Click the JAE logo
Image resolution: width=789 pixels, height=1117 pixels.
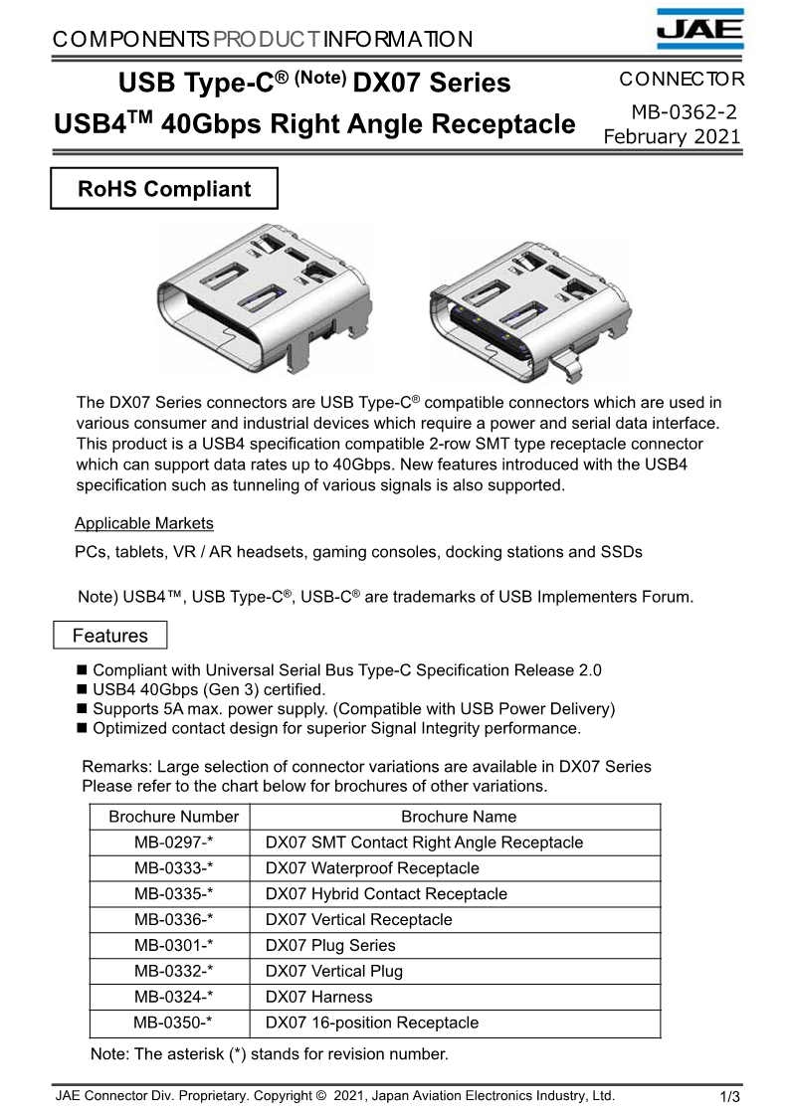tap(699, 29)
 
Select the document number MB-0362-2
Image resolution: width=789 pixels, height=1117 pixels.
tap(684, 113)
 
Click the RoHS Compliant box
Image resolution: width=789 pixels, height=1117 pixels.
tap(164, 189)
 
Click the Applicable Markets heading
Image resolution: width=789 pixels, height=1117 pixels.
tap(144, 523)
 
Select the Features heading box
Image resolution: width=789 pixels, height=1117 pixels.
tap(109, 636)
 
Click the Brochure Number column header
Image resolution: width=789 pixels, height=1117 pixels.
tap(174, 817)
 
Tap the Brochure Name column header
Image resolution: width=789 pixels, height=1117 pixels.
tap(459, 817)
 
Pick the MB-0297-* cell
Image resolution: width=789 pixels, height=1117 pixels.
tap(174, 842)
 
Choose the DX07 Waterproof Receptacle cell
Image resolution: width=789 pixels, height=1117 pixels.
tap(372, 868)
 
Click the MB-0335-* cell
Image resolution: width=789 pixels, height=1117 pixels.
tap(174, 894)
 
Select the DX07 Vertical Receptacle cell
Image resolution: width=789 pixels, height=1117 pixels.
tap(358, 920)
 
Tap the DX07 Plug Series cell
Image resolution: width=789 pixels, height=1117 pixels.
tap(330, 946)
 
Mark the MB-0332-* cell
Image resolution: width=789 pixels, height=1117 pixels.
tap(174, 972)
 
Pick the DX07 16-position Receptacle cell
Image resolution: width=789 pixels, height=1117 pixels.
tap(372, 1024)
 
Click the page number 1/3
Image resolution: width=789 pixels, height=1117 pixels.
tap(730, 1098)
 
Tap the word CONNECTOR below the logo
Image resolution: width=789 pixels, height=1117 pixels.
tap(681, 80)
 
